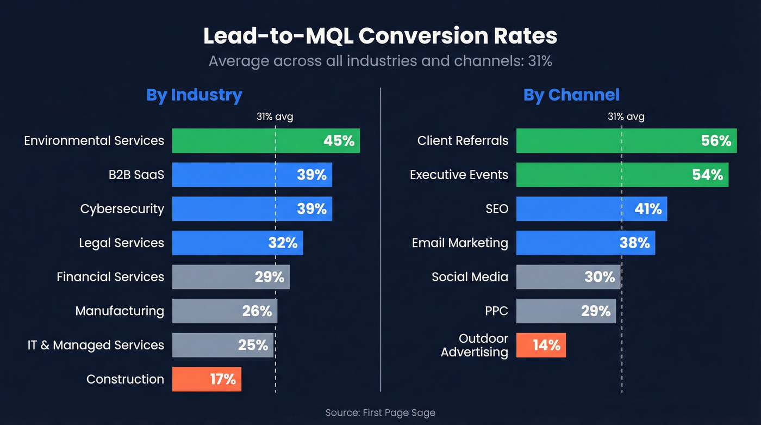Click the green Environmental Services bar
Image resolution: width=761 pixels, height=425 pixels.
(x=266, y=140)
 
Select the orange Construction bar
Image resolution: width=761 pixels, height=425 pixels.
(x=207, y=379)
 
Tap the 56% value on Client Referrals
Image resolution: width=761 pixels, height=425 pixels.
(x=716, y=140)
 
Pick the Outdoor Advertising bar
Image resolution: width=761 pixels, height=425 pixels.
(x=541, y=345)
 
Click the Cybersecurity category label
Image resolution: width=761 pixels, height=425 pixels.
(x=122, y=209)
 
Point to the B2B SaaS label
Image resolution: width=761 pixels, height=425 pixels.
(x=136, y=175)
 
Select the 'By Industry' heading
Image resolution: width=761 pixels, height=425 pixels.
(x=194, y=95)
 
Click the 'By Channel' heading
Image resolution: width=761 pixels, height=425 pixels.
(x=571, y=95)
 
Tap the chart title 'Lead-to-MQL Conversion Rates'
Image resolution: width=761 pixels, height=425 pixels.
(x=380, y=36)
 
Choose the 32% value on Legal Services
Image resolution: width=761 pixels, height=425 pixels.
(x=283, y=243)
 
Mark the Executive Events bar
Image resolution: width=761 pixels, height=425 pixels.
(x=622, y=175)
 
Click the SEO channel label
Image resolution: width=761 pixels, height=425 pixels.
(x=497, y=209)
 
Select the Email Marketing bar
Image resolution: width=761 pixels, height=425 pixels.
(x=585, y=243)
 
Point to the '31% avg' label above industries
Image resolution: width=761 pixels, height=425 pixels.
(x=275, y=116)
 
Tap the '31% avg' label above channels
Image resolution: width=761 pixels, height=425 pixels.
(x=626, y=116)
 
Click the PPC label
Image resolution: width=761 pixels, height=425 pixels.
(x=496, y=311)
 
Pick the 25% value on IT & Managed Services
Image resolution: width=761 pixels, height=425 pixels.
(x=253, y=345)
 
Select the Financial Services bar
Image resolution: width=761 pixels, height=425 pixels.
(x=231, y=277)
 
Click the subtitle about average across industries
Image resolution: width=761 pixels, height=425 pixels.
(x=380, y=60)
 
